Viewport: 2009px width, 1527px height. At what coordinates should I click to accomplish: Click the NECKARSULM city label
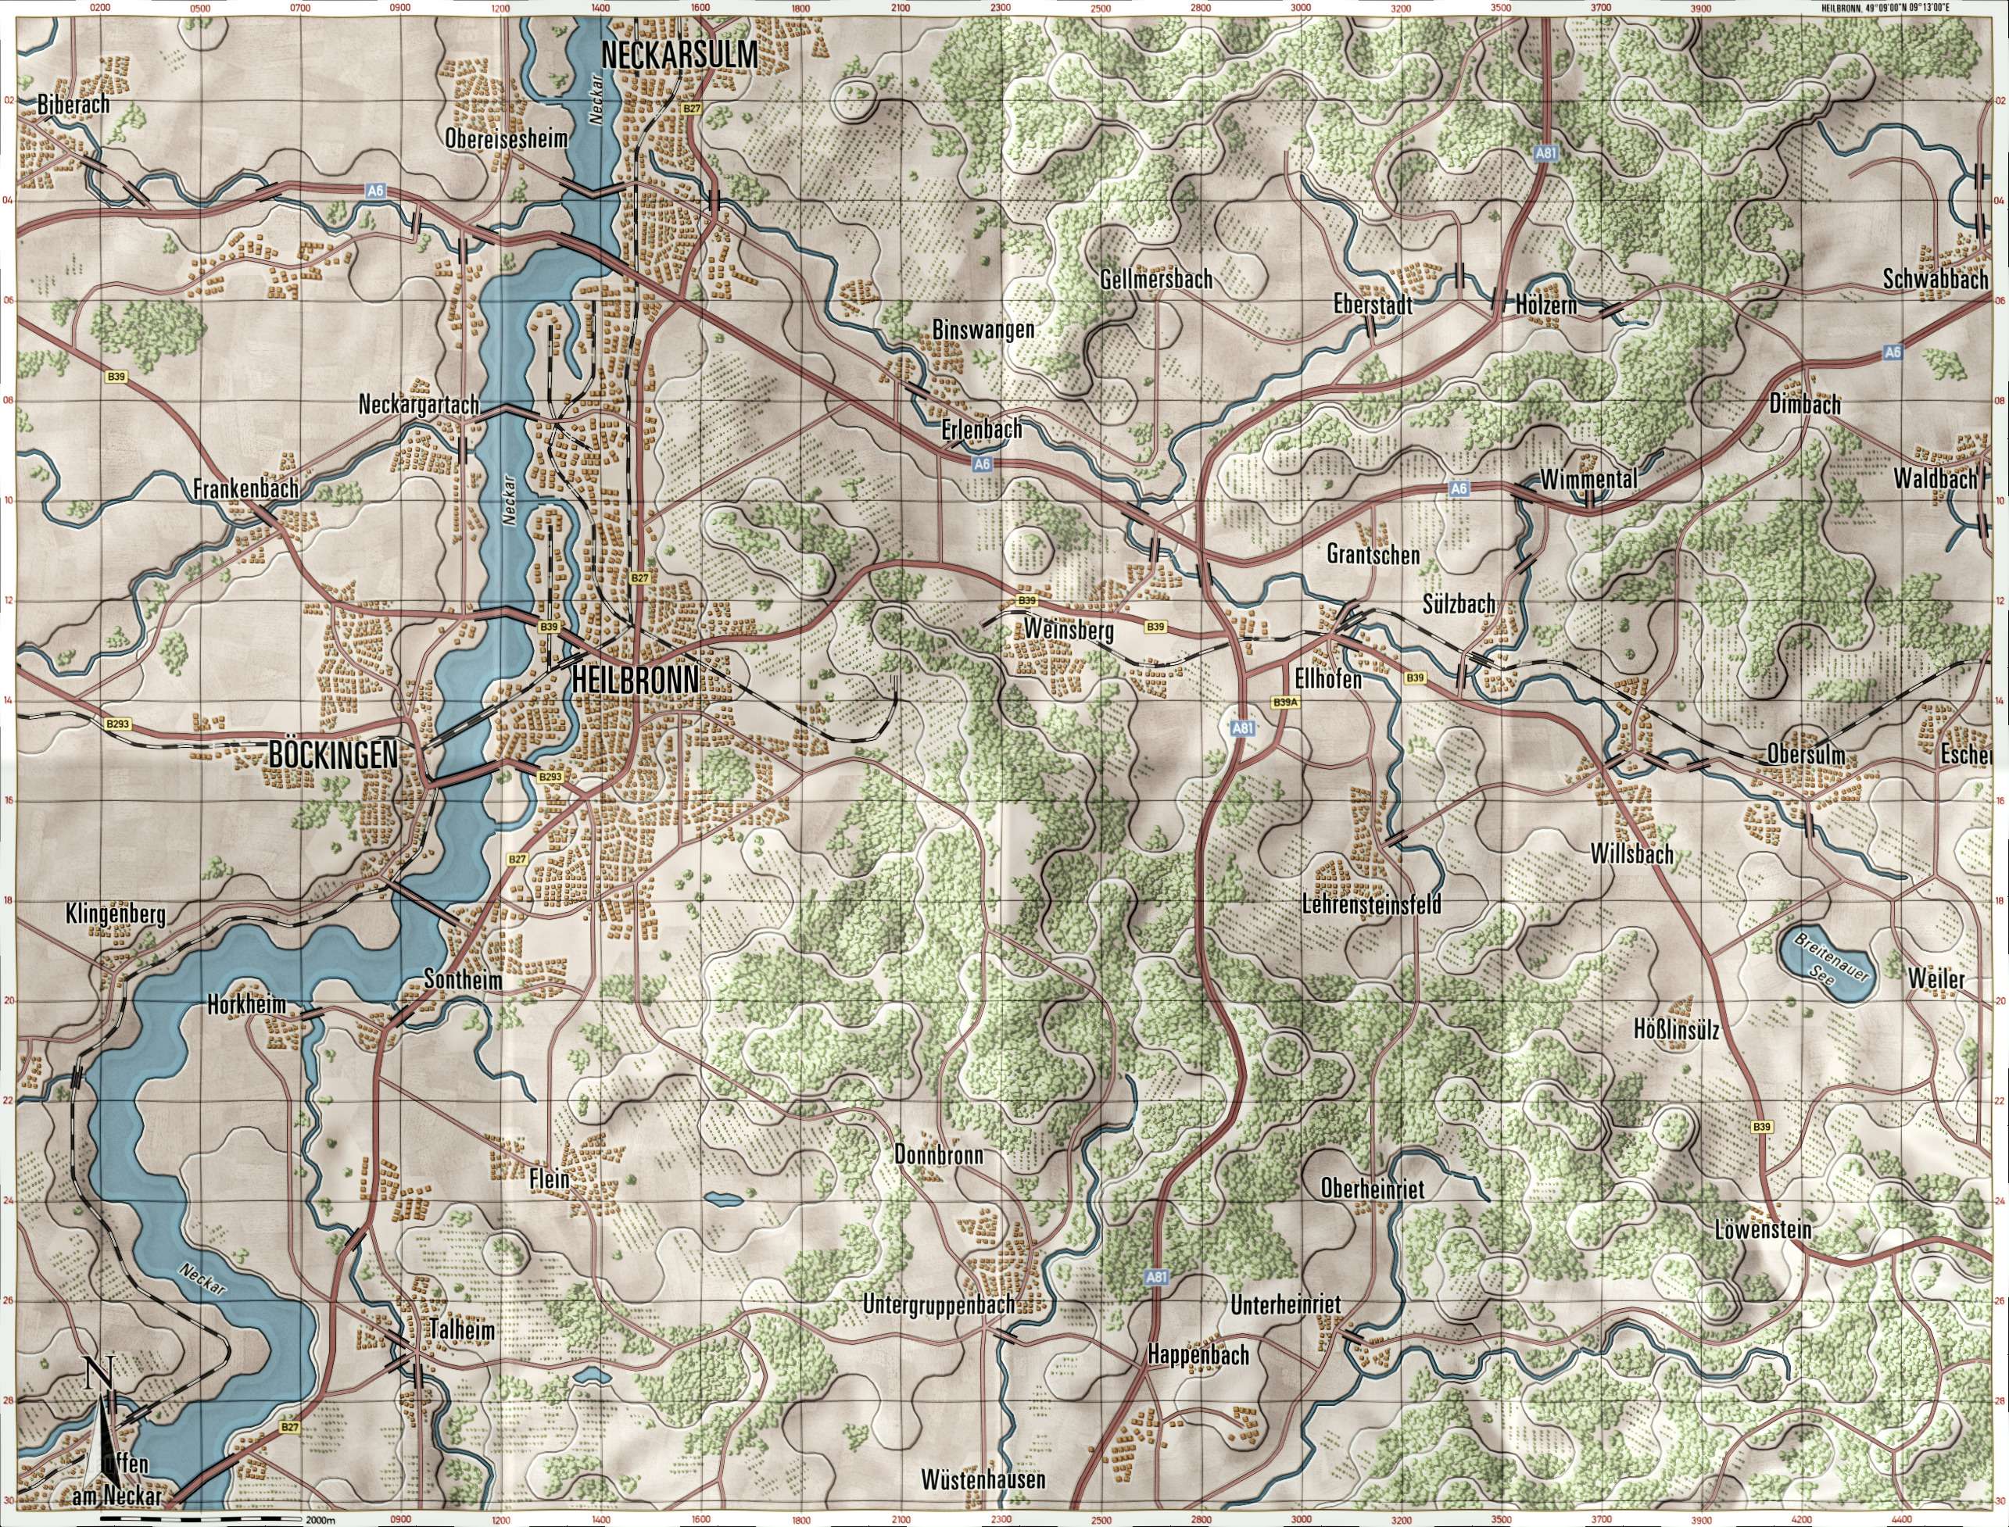pyautogui.click(x=679, y=56)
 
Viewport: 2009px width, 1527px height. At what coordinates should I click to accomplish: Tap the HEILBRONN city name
pyautogui.click(x=636, y=680)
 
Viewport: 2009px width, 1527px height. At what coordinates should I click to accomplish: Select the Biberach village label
pyautogui.click(x=73, y=105)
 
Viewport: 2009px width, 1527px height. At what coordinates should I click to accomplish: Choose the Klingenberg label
pyautogui.click(x=116, y=914)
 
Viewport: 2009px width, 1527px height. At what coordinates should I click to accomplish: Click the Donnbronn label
pyautogui.click(x=939, y=1154)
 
